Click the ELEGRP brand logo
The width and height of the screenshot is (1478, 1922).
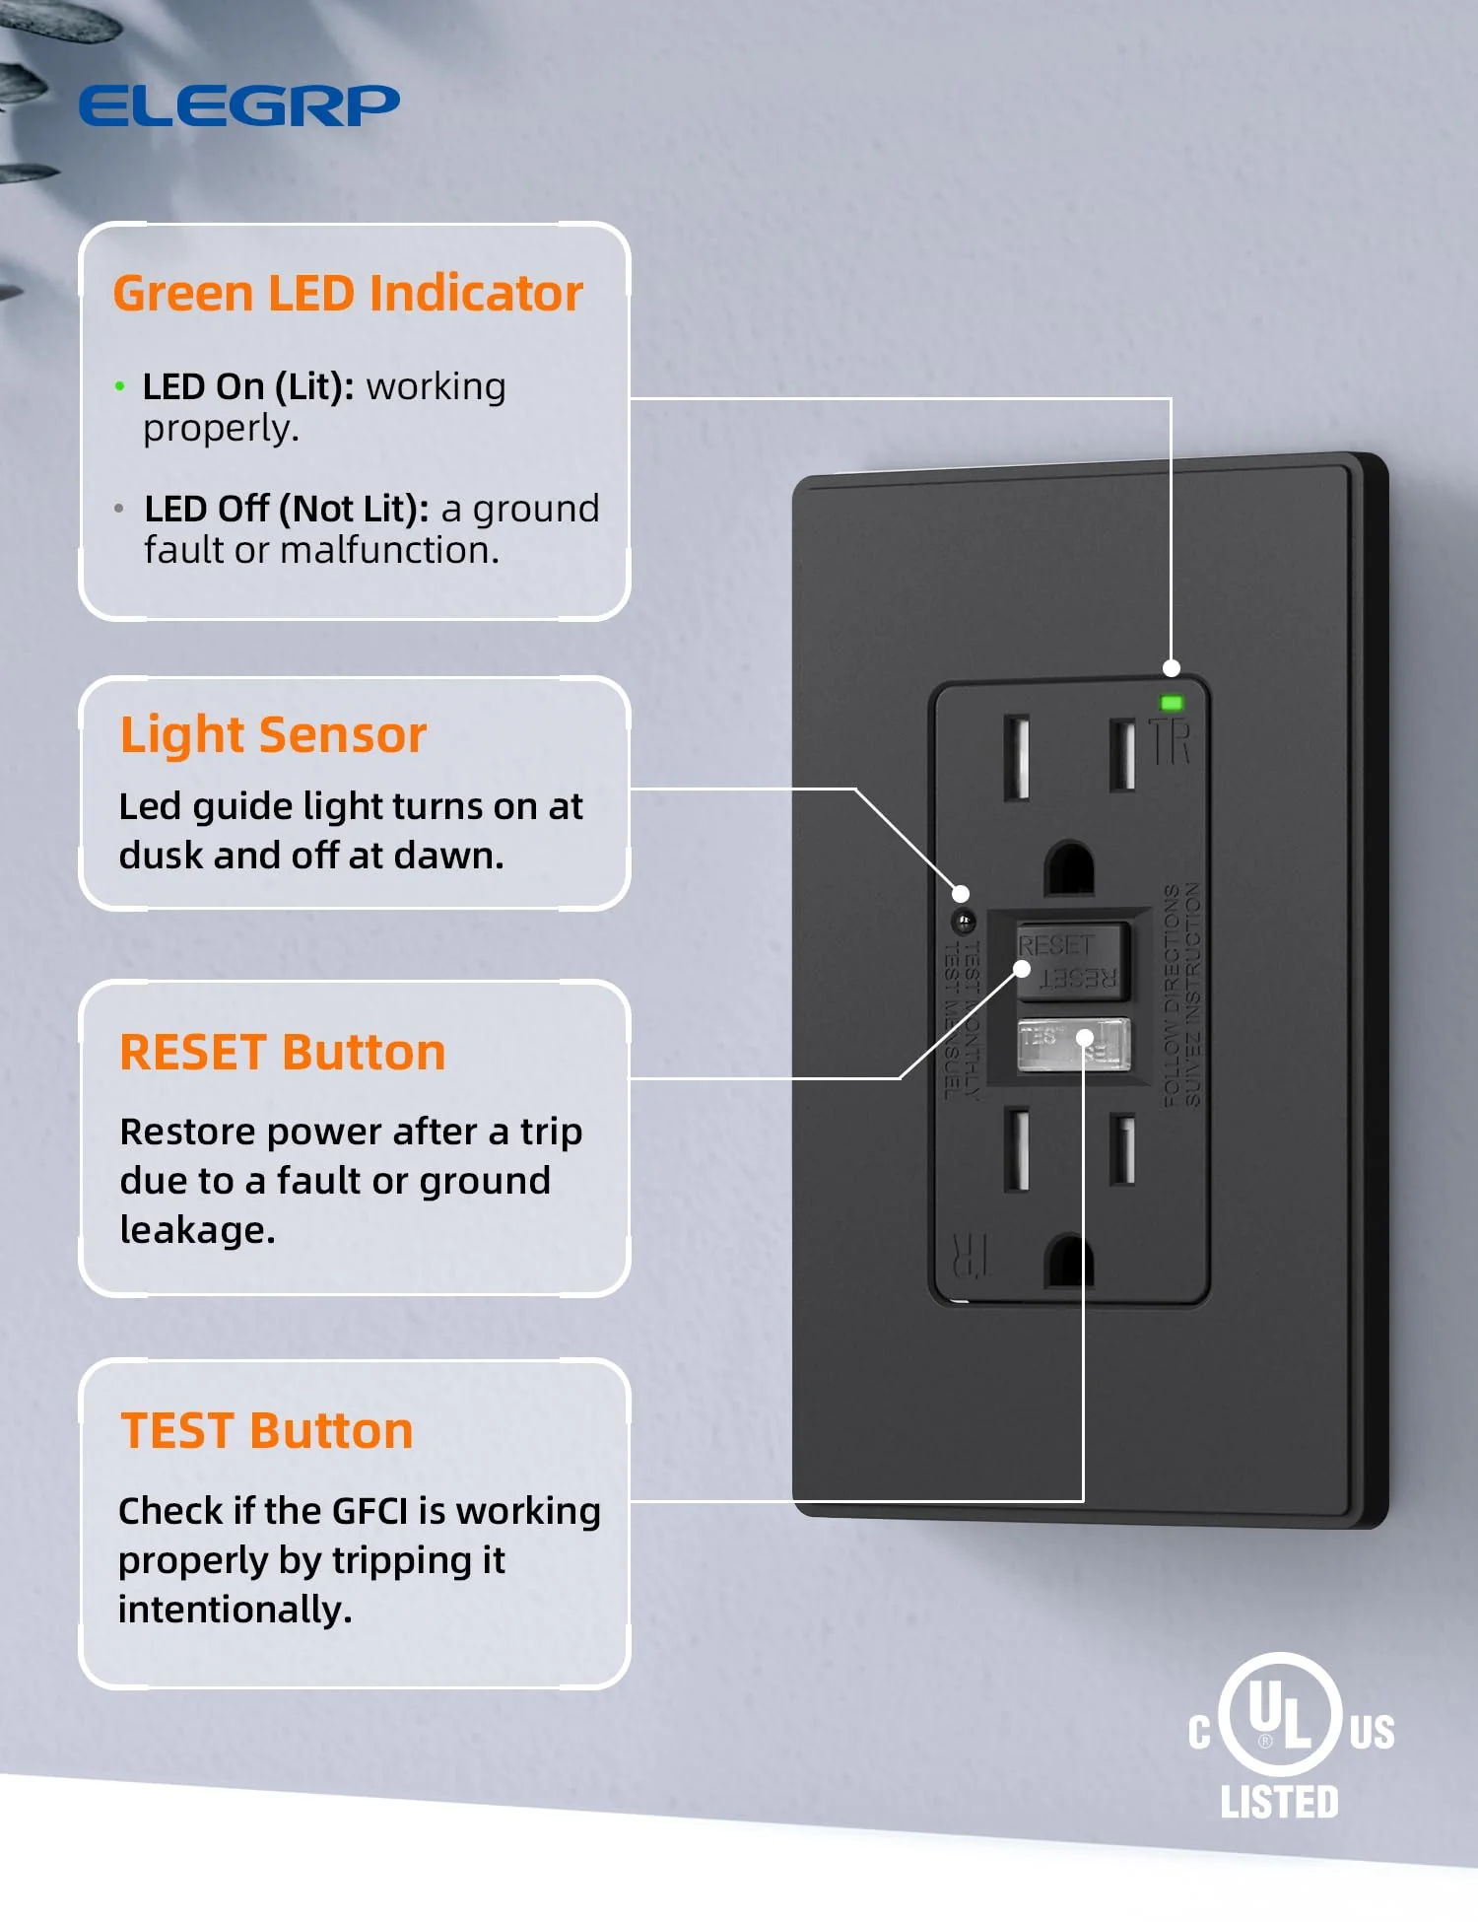click(238, 105)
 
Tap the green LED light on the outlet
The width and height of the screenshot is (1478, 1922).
click(1172, 703)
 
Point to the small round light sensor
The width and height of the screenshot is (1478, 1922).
click(964, 922)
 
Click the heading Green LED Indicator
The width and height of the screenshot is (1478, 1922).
click(348, 293)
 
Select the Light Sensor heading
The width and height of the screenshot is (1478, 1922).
click(273, 734)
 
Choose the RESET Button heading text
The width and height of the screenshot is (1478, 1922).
click(282, 1052)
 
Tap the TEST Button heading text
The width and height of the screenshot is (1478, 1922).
click(266, 1430)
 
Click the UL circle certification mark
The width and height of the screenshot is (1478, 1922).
click(1280, 1714)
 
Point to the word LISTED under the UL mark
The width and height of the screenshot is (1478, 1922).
click(1279, 1802)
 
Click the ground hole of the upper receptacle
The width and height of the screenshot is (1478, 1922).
click(1069, 867)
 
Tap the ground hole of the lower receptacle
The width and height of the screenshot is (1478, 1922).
click(1069, 1261)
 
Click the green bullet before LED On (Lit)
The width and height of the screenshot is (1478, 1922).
click(120, 386)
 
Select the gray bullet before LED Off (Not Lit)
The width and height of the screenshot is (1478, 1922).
click(119, 509)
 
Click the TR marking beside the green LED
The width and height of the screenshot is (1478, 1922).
click(1171, 742)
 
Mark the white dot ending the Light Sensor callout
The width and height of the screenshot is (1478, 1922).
click(961, 894)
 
